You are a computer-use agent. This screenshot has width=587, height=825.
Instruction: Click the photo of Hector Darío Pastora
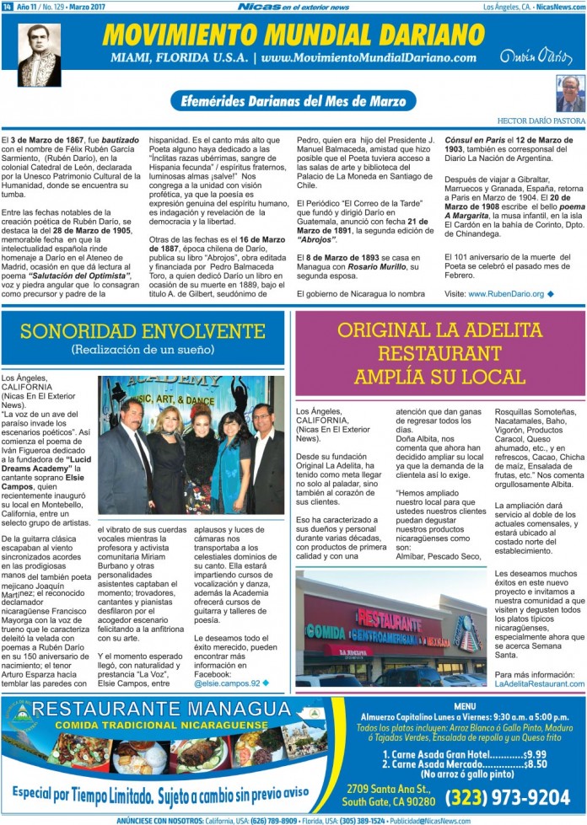point(569,94)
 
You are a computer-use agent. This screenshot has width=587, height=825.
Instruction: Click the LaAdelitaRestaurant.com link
point(539,683)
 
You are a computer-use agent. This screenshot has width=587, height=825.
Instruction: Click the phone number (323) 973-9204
point(508,797)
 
